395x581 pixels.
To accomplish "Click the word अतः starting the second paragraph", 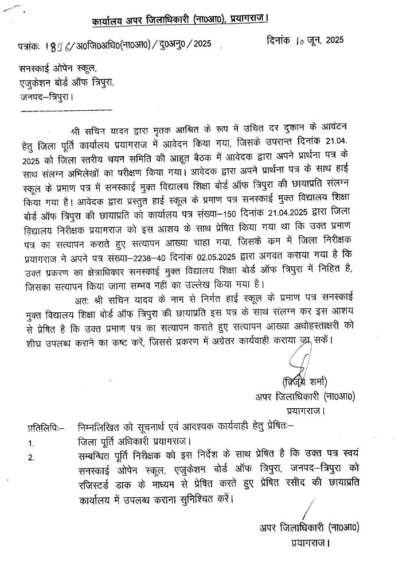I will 83,300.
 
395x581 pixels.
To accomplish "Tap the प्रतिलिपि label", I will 46,427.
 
